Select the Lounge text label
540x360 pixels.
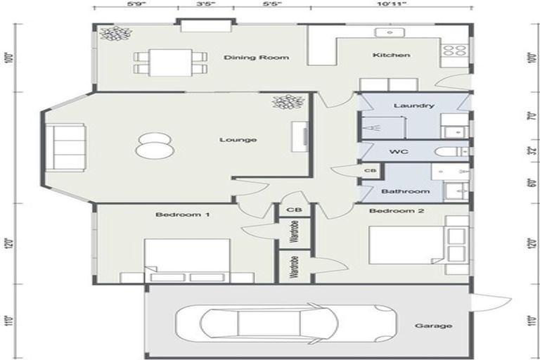[238, 139]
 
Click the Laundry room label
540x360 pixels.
[409, 105]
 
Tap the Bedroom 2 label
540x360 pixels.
[388, 211]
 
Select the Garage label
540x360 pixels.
[432, 326]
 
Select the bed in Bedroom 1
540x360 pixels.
[187, 262]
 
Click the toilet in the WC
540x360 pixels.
[450, 151]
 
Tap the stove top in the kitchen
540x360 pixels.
[454, 51]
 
